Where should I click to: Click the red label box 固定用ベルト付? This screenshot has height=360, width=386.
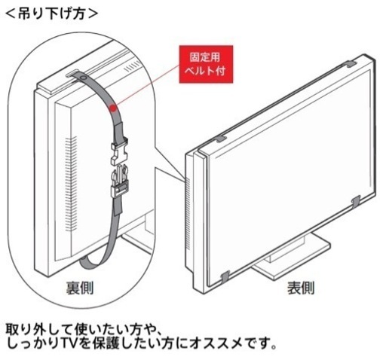point(206,64)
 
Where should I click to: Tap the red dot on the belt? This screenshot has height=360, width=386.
point(113,108)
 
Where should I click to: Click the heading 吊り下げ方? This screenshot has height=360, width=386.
point(51,14)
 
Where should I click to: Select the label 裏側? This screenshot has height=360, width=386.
point(80,288)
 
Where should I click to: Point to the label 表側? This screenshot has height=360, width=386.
point(301,288)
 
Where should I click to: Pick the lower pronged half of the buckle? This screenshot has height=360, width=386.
point(120,180)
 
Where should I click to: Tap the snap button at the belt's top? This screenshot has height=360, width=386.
point(82,78)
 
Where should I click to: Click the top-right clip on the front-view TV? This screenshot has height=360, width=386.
point(351,64)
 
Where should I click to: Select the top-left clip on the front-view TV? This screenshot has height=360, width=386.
point(221,139)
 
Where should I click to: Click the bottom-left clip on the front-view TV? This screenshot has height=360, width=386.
point(225,276)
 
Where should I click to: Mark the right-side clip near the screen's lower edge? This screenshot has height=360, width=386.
point(356,201)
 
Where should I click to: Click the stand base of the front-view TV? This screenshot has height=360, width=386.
point(292,261)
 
